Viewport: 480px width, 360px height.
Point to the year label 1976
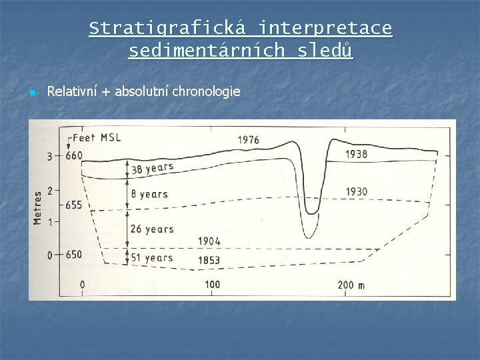click(248, 140)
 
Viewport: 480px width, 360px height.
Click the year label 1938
click(357, 154)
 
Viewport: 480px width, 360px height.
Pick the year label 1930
click(357, 191)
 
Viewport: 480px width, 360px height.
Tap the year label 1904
click(209, 241)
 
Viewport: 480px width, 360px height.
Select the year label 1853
click(209, 259)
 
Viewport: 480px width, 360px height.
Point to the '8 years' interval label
click(149, 195)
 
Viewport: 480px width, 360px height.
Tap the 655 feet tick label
click(73, 205)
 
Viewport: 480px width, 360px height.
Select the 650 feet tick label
click(73, 255)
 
